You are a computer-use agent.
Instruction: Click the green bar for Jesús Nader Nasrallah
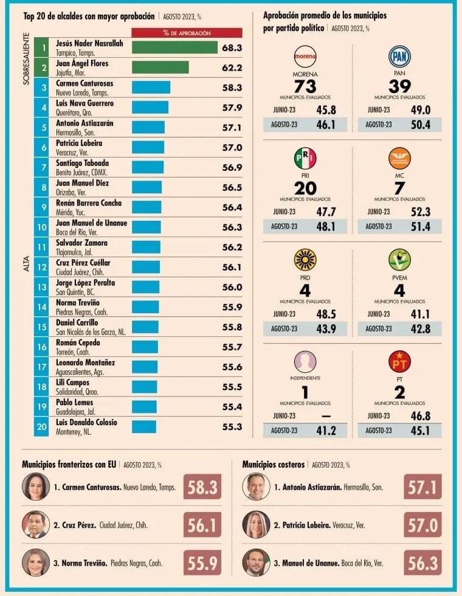pos(174,47)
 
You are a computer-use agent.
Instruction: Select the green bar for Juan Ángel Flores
pos(160,68)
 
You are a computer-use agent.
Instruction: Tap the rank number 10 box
pos(41,227)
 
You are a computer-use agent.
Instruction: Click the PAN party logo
pos(399,58)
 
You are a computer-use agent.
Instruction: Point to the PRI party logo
pos(305,159)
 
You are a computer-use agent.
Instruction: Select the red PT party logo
pos(399,361)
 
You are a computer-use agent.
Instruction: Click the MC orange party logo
pos(399,159)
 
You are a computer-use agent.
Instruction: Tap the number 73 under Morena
pos(305,86)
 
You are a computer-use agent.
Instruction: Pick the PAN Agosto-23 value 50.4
pos(421,125)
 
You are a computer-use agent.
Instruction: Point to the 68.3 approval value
pos(232,47)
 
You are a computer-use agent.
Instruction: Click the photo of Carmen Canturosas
pos(36,487)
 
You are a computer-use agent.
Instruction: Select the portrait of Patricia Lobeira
pos(256,524)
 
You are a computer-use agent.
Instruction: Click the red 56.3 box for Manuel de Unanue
pos(422,563)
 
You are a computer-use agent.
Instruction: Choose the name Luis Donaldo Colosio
pos(86,422)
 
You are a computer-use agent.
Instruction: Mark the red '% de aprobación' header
pos(187,33)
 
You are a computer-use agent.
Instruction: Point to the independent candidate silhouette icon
pos(305,362)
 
